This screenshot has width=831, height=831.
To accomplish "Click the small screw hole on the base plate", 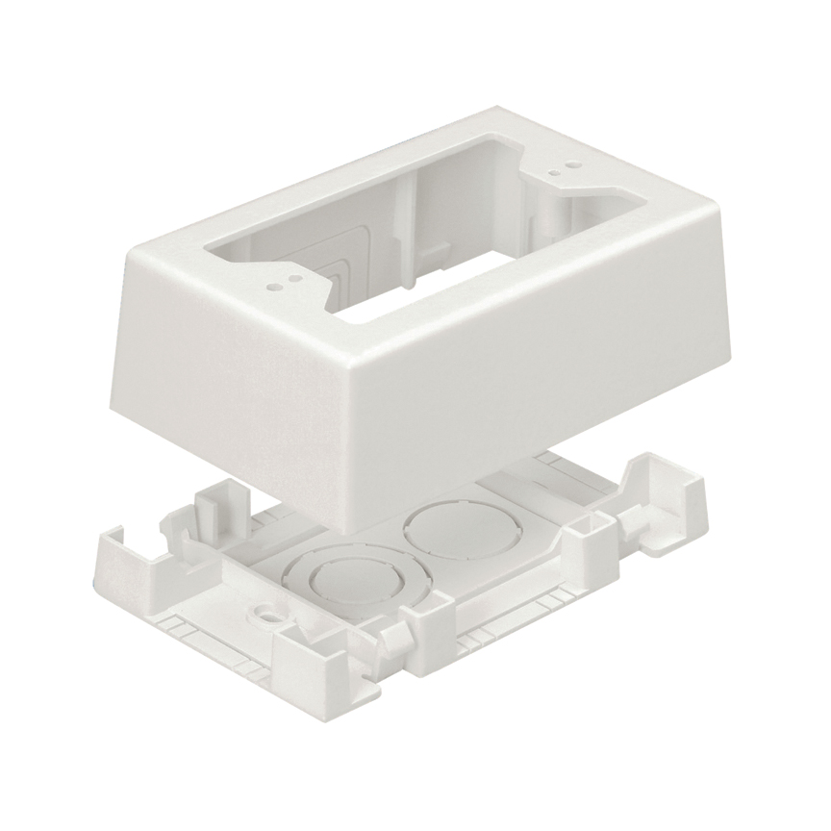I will point(261,612).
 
